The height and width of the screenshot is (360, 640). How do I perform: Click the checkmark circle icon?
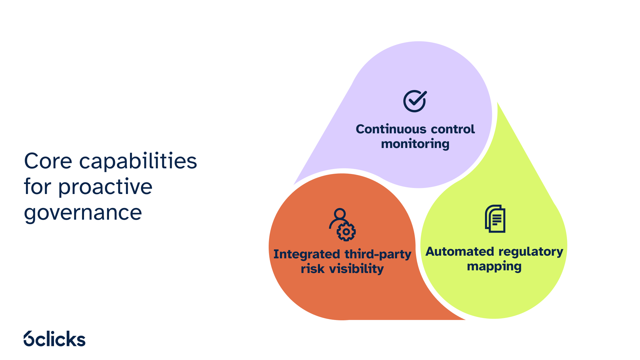[415, 101]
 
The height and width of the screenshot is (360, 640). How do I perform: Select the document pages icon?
[495, 219]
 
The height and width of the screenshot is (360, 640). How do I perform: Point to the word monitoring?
[415, 144]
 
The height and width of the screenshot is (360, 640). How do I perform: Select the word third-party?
[378, 254]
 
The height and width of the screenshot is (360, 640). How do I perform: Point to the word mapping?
[494, 267]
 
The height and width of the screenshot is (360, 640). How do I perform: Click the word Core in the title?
[48, 161]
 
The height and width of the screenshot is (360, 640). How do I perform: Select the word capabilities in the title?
[138, 161]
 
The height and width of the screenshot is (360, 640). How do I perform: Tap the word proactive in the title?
[105, 187]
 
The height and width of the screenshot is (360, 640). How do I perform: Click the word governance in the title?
[83, 212]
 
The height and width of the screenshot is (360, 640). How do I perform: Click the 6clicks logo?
[55, 339]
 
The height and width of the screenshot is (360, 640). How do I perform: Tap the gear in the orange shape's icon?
[346, 232]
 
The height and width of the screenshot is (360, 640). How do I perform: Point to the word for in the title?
[38, 187]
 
